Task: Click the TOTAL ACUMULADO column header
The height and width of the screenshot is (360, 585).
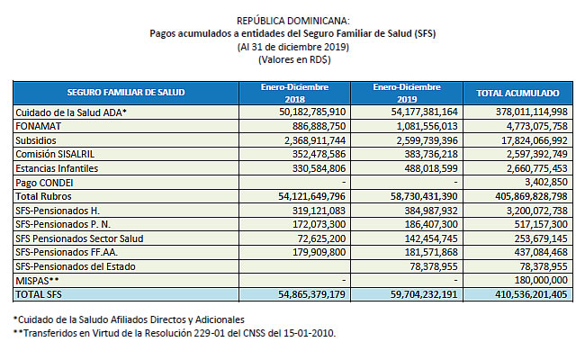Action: click(517, 93)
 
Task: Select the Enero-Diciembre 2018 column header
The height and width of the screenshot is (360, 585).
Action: click(294, 93)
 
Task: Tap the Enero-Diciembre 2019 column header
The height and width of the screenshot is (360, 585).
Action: click(407, 93)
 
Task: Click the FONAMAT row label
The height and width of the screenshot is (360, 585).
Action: click(38, 126)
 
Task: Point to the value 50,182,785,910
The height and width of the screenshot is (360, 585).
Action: click(312, 112)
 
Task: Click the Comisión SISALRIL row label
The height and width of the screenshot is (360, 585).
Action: click(55, 154)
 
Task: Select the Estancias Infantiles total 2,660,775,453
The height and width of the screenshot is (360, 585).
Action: click(537, 168)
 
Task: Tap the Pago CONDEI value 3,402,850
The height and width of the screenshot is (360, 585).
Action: click(546, 182)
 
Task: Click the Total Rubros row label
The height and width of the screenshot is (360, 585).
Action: click(43, 196)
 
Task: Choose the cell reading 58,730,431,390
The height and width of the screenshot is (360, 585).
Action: click(424, 196)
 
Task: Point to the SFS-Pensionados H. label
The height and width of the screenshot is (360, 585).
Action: click(58, 211)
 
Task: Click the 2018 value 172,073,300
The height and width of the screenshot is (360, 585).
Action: click(319, 224)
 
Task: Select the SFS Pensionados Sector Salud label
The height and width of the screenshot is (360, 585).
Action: click(79, 238)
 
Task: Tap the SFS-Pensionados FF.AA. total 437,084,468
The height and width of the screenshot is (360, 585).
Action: click(541, 252)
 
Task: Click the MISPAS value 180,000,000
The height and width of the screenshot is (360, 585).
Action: click(541, 280)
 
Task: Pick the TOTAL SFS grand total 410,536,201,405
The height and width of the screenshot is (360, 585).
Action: click(531, 294)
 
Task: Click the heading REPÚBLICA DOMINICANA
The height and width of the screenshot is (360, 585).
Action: click(293, 21)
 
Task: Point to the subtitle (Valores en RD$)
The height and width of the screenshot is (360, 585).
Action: click(294, 59)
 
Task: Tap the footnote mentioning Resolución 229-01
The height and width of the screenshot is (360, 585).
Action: click(175, 333)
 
